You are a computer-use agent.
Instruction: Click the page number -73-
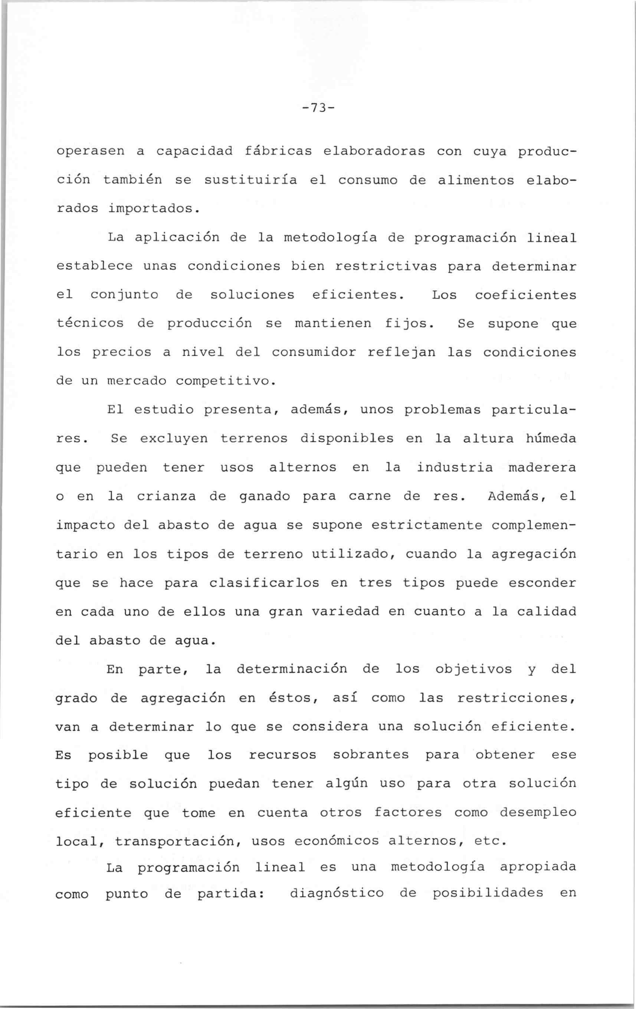[x=318, y=108]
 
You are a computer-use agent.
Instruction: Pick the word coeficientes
[x=525, y=295]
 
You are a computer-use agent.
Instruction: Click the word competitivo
[x=225, y=381]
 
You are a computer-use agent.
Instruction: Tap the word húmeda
[x=551, y=439]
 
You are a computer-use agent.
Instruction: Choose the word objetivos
[x=473, y=669]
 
